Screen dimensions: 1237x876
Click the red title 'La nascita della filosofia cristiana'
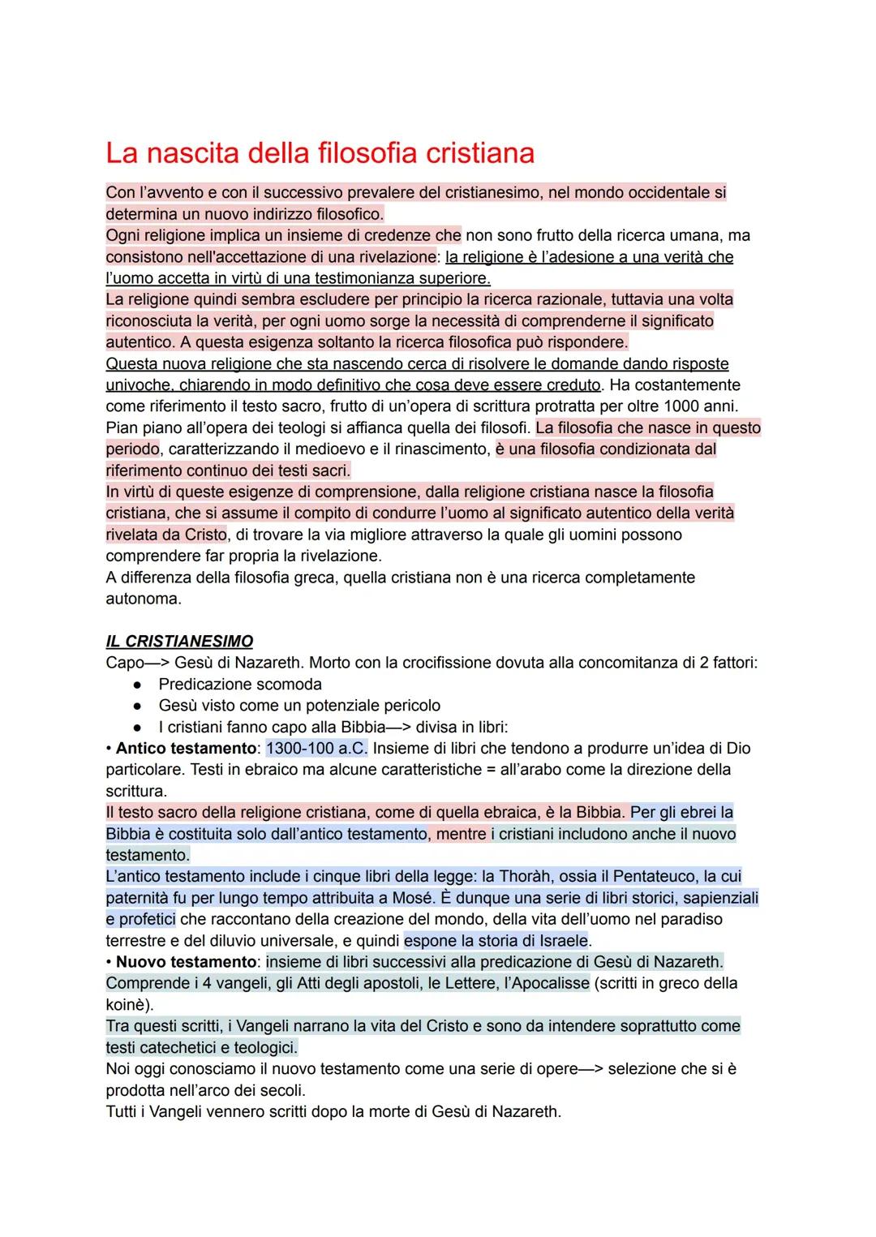(x=320, y=153)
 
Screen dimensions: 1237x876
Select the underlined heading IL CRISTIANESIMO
(x=179, y=642)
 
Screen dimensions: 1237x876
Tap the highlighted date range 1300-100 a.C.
(x=316, y=749)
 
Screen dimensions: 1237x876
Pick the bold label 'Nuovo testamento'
(x=186, y=962)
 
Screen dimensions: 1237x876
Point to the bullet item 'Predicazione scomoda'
(x=240, y=685)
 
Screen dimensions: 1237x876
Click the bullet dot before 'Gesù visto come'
(x=139, y=706)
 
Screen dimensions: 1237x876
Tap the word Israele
(x=559, y=941)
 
